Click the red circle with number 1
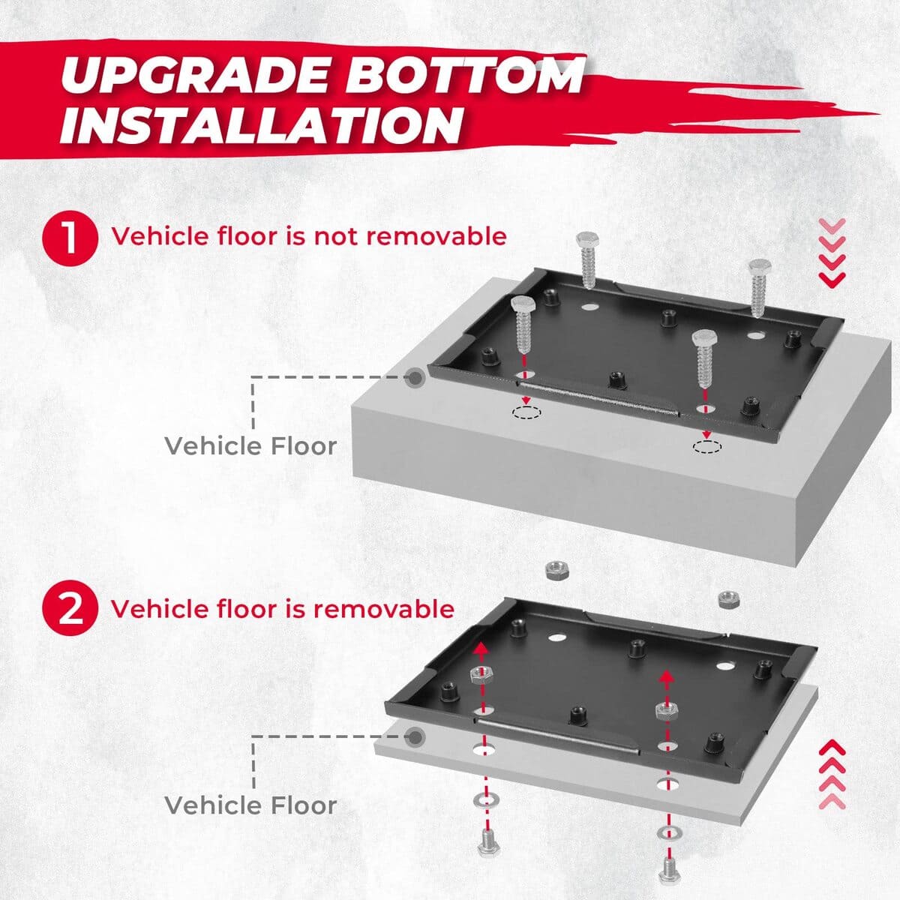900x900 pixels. pyautogui.click(x=70, y=237)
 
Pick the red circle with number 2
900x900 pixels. pyautogui.click(x=70, y=609)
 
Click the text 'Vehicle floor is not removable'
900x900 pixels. pyautogui.click(x=309, y=236)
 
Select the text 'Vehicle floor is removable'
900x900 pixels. pyautogui.click(x=283, y=608)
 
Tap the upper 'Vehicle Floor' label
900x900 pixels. pyautogui.click(x=250, y=446)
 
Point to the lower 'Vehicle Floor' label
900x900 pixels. pyautogui.click(x=250, y=805)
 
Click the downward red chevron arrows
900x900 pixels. pyautogui.click(x=832, y=252)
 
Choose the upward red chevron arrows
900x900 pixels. pyautogui.click(x=832, y=774)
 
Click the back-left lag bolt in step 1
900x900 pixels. pyautogui.click(x=586, y=259)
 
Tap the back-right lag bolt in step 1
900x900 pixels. pyautogui.click(x=758, y=286)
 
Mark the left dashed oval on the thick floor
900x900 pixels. pyautogui.click(x=526, y=412)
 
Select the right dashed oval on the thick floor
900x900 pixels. pyautogui.click(x=707, y=447)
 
